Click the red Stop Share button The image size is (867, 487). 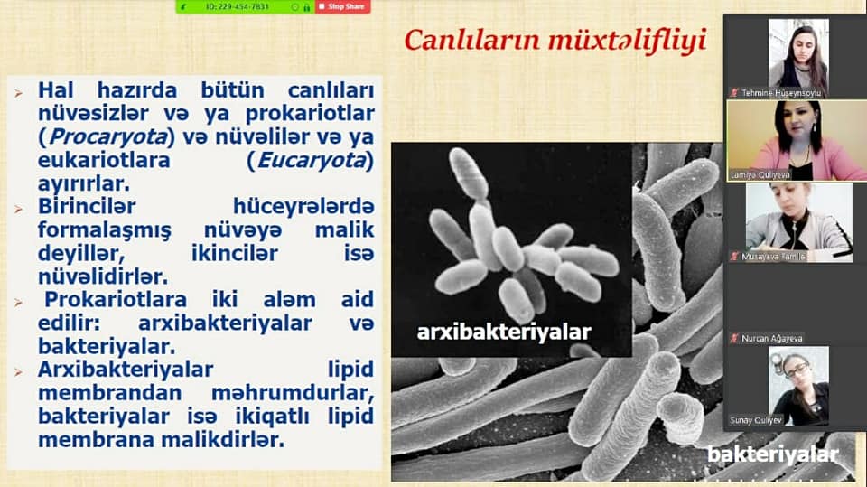[343, 6]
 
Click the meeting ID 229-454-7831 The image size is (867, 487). [238, 7]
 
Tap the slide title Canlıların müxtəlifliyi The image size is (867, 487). [555, 41]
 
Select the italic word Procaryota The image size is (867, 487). [107, 136]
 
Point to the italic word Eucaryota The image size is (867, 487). [312, 161]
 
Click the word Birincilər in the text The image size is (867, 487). [87, 206]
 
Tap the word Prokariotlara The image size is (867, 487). [116, 300]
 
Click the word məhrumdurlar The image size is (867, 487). [293, 393]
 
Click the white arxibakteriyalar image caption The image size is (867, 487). [504, 332]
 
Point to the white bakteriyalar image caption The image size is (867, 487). [773, 454]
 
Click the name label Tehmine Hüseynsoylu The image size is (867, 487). [780, 93]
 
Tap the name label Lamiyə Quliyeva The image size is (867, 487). [760, 175]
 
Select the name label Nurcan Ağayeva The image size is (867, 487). [771, 338]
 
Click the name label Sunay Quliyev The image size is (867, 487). [756, 420]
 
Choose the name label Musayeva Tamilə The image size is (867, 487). [773, 257]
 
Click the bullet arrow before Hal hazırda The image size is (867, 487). [19, 93]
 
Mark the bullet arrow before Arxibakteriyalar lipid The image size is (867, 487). [19, 372]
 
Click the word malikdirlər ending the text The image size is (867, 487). [223, 441]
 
